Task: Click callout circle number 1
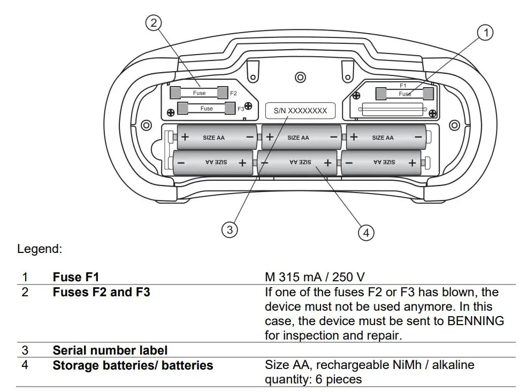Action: [485, 33]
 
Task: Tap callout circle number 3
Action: [230, 229]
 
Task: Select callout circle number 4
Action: [366, 233]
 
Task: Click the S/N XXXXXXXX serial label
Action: [300, 111]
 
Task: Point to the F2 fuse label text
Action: [233, 93]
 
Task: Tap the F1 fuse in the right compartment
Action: [405, 94]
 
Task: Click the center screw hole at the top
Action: [300, 75]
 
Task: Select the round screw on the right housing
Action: [454, 125]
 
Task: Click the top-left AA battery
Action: [217, 137]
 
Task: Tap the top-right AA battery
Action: [385, 137]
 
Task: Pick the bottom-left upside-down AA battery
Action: [213, 162]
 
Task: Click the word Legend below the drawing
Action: [40, 249]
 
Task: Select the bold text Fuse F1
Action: [75, 277]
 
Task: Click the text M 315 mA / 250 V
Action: [315, 277]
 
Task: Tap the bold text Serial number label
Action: [110, 350]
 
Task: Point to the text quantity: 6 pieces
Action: [313, 379]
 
